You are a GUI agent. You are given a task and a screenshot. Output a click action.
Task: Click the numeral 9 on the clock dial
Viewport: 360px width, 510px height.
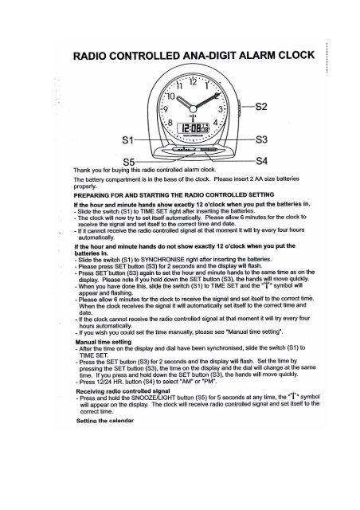point(166,109)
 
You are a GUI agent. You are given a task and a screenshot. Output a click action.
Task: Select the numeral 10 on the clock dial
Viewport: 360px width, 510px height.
point(170,93)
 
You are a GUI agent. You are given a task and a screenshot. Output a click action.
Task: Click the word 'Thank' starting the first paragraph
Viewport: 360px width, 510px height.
point(82,170)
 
